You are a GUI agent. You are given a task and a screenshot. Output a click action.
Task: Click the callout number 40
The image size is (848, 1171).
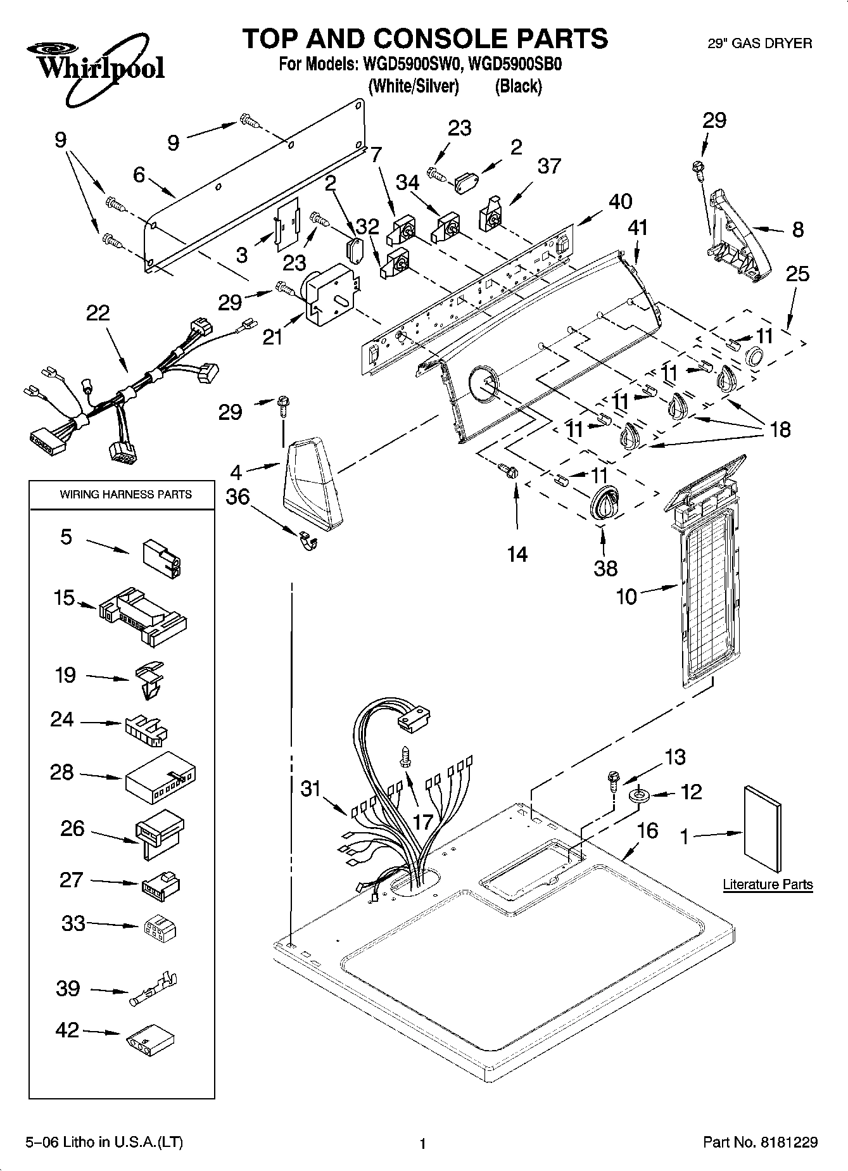(x=620, y=201)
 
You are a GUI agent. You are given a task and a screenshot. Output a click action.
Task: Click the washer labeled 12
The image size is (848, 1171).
(x=638, y=794)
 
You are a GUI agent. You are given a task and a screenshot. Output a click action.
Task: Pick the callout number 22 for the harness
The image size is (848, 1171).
(x=98, y=313)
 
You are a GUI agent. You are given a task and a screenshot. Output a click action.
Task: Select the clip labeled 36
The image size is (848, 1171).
(x=308, y=540)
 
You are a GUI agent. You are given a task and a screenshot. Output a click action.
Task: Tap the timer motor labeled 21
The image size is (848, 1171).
(x=331, y=293)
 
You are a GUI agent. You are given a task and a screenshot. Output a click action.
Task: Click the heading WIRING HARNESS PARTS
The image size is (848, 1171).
(x=125, y=494)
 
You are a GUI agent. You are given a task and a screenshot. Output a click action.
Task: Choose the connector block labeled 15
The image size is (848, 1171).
(x=143, y=617)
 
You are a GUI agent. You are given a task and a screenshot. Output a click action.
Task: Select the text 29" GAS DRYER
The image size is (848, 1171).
(x=759, y=43)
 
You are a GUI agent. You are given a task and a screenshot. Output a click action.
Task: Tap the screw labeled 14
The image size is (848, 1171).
(x=509, y=471)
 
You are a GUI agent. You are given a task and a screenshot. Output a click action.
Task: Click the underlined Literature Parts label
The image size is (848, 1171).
(x=768, y=884)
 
